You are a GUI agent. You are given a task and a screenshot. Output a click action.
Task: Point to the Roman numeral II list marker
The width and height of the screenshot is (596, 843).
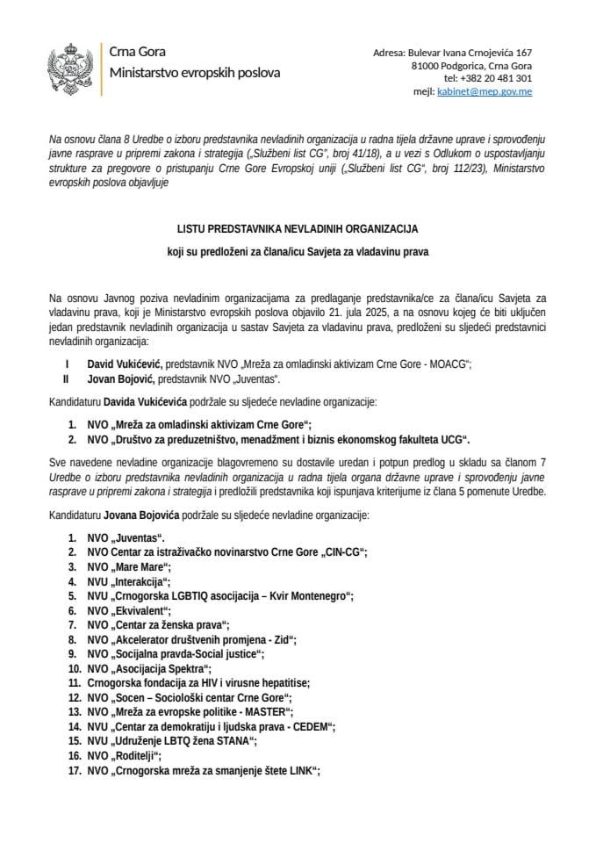[x=66, y=378]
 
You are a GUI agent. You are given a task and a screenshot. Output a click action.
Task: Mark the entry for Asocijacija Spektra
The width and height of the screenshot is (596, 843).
[x=143, y=668]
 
